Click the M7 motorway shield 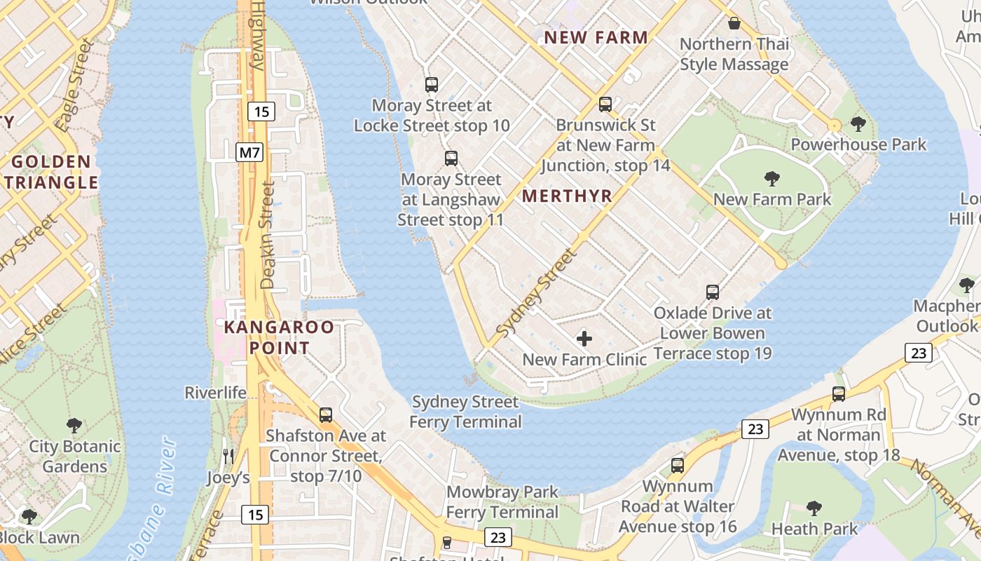click(249, 151)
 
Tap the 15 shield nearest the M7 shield click(261, 111)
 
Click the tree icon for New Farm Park click(772, 179)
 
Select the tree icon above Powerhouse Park click(858, 124)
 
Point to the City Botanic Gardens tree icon click(74, 426)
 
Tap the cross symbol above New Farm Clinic click(584, 339)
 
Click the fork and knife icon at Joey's click(228, 457)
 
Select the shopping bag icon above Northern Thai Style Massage click(734, 23)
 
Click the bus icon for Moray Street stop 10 click(432, 85)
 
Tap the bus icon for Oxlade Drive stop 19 click(713, 292)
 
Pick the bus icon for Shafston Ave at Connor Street click(326, 414)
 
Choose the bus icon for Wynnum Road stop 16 click(677, 465)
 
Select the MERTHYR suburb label click(567, 196)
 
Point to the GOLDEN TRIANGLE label click(51, 173)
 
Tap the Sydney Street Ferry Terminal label click(465, 412)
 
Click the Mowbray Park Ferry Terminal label click(502, 502)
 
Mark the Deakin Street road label click(266, 236)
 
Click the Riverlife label click(216, 393)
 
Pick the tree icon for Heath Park click(814, 508)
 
